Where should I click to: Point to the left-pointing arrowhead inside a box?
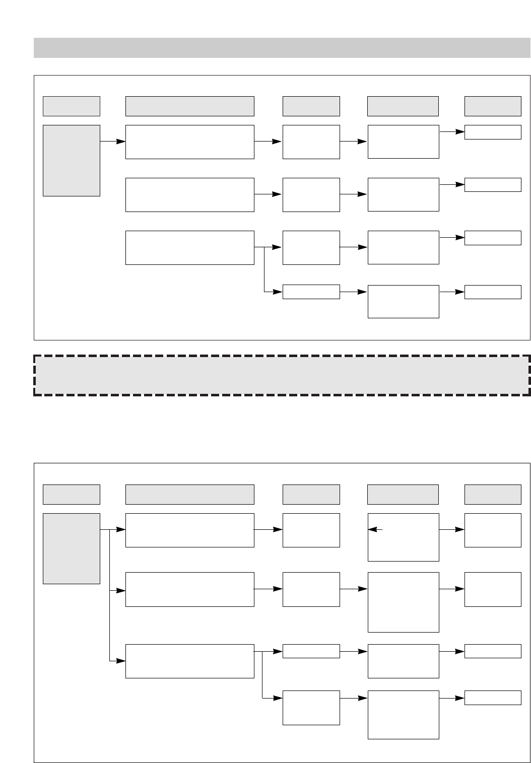coord(373,529)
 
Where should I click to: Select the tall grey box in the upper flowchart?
coord(71,160)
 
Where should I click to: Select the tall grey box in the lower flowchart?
coord(71,548)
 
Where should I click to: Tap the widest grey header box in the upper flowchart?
coord(189,106)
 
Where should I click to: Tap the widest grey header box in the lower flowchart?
coord(189,495)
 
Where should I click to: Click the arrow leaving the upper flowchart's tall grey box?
coord(112,142)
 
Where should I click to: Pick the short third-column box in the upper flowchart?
coord(311,292)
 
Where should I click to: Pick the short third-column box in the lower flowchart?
coord(311,651)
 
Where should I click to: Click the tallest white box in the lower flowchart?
coord(403,602)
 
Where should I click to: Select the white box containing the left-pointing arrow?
coord(403,537)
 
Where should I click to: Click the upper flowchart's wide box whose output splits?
coord(189,247)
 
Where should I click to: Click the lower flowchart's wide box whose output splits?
coord(189,661)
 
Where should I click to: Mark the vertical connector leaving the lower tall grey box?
coord(109,594)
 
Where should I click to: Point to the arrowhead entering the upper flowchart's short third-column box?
coord(278,292)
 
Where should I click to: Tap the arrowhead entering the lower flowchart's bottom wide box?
coord(120,661)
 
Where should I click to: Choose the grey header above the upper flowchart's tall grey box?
coord(71,106)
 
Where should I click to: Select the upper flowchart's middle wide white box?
coord(189,194)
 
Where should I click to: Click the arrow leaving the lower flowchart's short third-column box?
coord(353,651)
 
